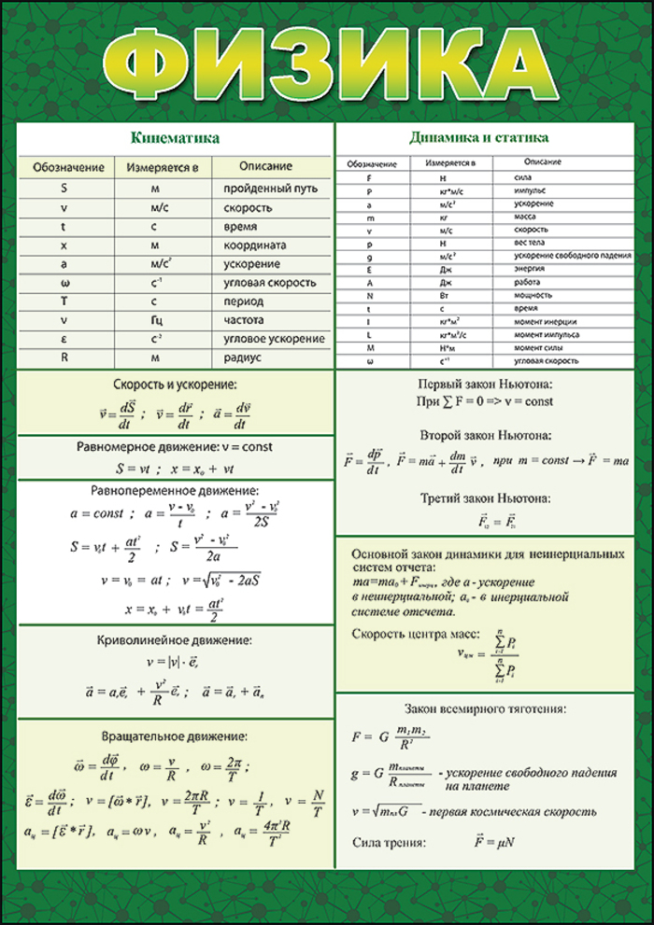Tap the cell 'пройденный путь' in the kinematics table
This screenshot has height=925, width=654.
[270, 188]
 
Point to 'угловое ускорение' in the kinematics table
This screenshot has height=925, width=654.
[274, 339]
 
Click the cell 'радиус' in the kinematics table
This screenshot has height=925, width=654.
[241, 357]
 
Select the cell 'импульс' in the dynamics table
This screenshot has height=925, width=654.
[530, 189]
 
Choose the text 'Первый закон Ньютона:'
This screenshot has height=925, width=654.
[485, 385]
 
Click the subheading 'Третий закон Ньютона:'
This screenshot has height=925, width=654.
[485, 498]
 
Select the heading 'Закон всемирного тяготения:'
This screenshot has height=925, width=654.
[485, 708]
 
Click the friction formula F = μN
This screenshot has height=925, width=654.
[495, 844]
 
